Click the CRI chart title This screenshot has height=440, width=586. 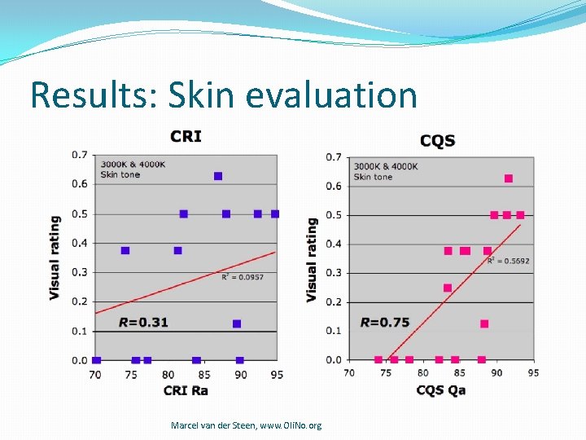[x=186, y=136]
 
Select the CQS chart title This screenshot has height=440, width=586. [x=437, y=141]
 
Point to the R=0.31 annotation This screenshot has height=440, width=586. [x=143, y=322]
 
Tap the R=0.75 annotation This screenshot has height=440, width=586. [x=385, y=322]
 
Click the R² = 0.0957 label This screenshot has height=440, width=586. [x=243, y=277]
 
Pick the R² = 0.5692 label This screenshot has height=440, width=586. [x=508, y=261]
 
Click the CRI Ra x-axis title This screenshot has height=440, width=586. [x=186, y=390]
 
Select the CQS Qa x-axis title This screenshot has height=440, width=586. [x=440, y=389]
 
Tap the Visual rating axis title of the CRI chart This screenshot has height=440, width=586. [x=55, y=257]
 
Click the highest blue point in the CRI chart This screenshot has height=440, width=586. [x=218, y=176]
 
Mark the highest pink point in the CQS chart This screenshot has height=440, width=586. [x=509, y=178]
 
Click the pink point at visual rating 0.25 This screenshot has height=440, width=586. [x=448, y=288]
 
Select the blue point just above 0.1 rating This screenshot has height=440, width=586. [x=237, y=323]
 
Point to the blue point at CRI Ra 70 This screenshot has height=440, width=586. [x=97, y=360]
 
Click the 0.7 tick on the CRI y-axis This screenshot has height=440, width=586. [x=80, y=154]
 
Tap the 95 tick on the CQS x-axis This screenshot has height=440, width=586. [x=533, y=372]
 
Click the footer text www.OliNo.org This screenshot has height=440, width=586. [x=291, y=425]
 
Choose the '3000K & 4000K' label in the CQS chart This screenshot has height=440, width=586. [x=386, y=166]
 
